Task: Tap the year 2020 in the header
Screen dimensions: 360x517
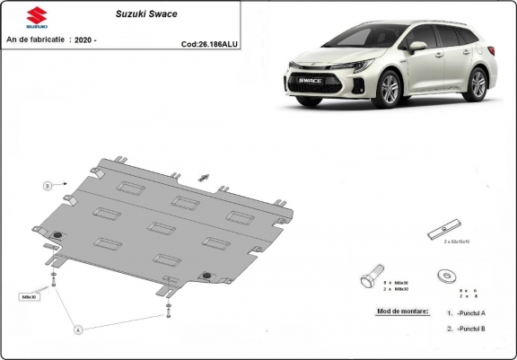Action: tap(83, 40)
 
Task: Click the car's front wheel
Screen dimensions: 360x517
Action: tap(390, 90)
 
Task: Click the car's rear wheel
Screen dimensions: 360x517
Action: tap(478, 83)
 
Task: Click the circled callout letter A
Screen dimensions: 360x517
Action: tap(78, 330)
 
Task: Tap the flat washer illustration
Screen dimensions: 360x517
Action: tap(444, 275)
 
